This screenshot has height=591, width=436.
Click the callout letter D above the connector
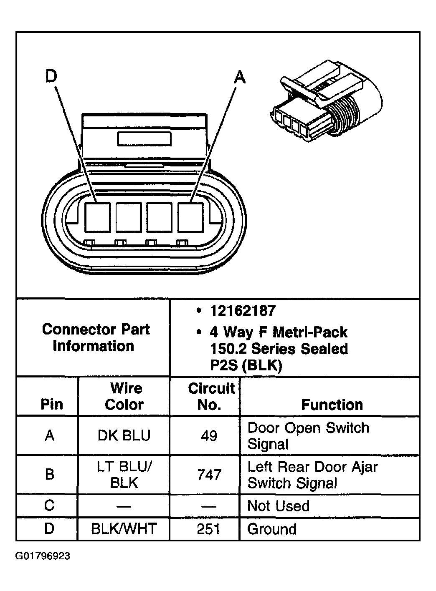click(x=51, y=76)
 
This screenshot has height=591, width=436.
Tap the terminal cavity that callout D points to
click(x=97, y=217)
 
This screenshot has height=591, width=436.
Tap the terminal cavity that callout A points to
click(x=190, y=217)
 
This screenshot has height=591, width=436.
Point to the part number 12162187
click(x=243, y=311)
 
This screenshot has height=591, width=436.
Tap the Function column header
click(x=332, y=405)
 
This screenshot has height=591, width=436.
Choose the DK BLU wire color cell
click(x=124, y=435)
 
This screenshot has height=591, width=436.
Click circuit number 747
click(x=209, y=475)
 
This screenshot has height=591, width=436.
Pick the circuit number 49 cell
click(x=209, y=436)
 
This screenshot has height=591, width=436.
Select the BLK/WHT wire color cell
click(x=124, y=529)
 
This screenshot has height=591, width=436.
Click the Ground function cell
click(x=272, y=529)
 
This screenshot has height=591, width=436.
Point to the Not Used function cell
click(x=278, y=506)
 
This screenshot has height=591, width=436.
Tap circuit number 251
click(x=208, y=529)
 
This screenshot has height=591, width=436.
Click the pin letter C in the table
click(x=49, y=505)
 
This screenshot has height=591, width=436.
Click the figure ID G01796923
click(x=43, y=556)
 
